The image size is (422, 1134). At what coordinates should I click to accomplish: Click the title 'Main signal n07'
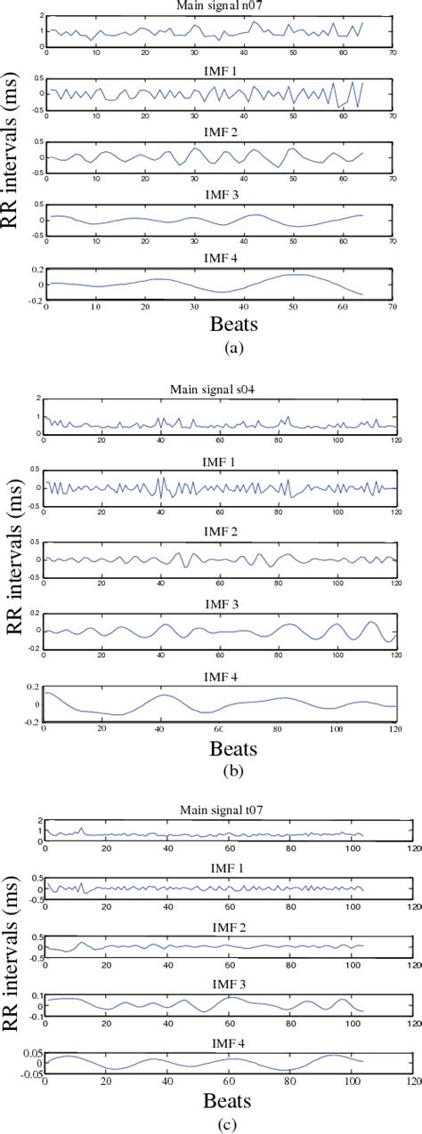(x=216, y=8)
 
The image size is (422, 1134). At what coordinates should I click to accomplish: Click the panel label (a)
(x=218, y=350)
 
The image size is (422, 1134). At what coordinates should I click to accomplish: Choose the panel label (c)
(x=218, y=1122)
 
